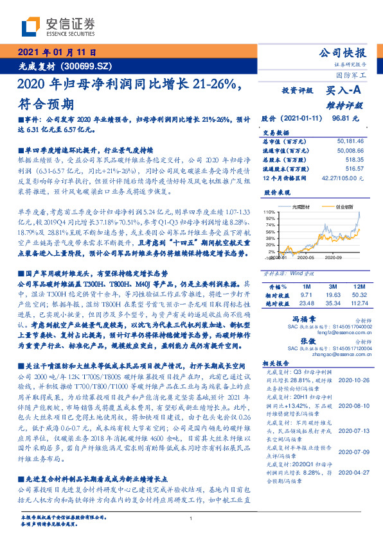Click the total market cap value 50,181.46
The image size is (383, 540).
[350, 139]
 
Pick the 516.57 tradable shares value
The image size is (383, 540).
[353, 167]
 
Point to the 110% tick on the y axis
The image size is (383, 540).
[269, 211]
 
